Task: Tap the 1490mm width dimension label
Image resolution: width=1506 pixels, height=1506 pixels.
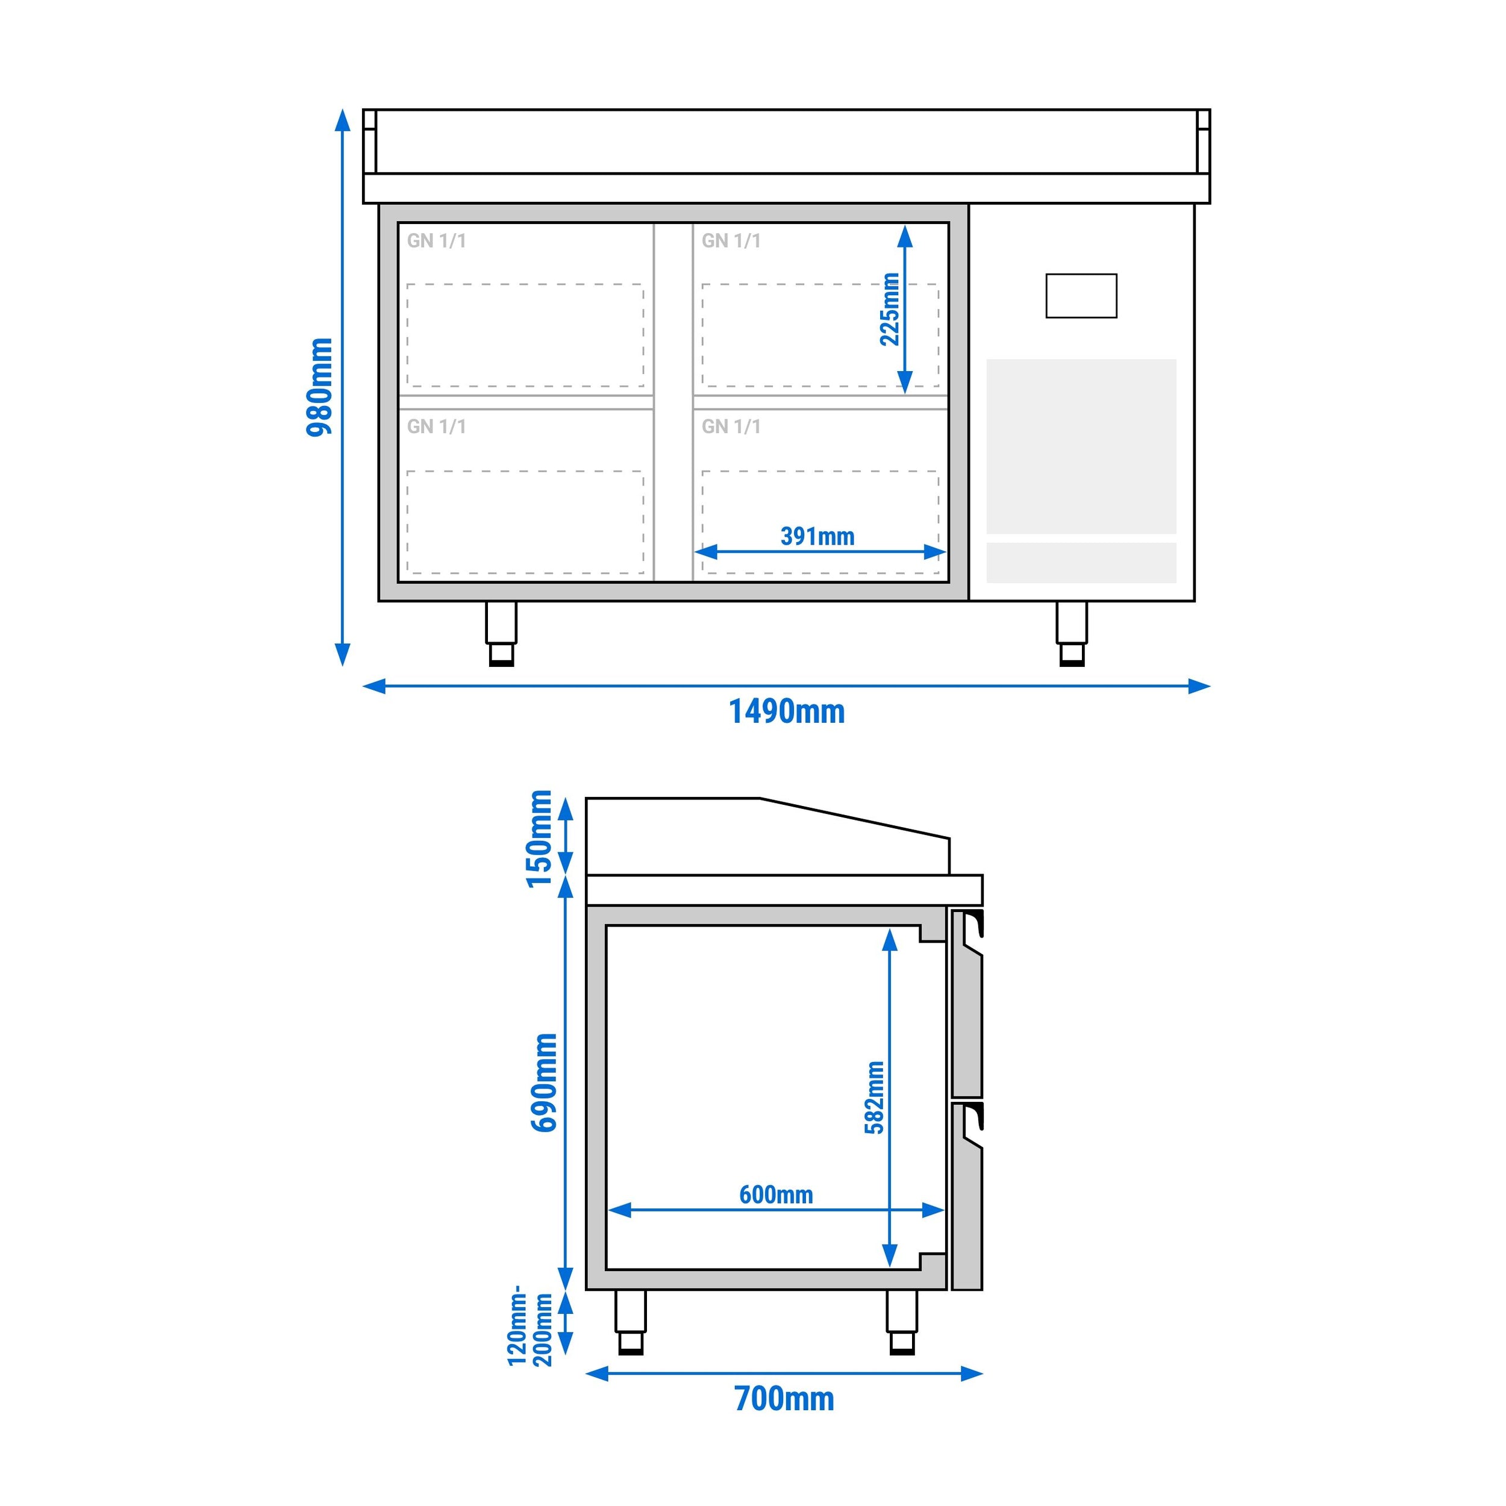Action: [787, 711]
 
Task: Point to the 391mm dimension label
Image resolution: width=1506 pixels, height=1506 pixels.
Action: [817, 536]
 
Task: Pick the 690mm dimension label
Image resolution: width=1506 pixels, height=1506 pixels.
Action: [543, 1083]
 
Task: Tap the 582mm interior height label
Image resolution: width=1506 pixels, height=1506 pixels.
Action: [875, 1098]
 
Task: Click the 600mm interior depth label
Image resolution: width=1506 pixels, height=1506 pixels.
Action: [776, 1194]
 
